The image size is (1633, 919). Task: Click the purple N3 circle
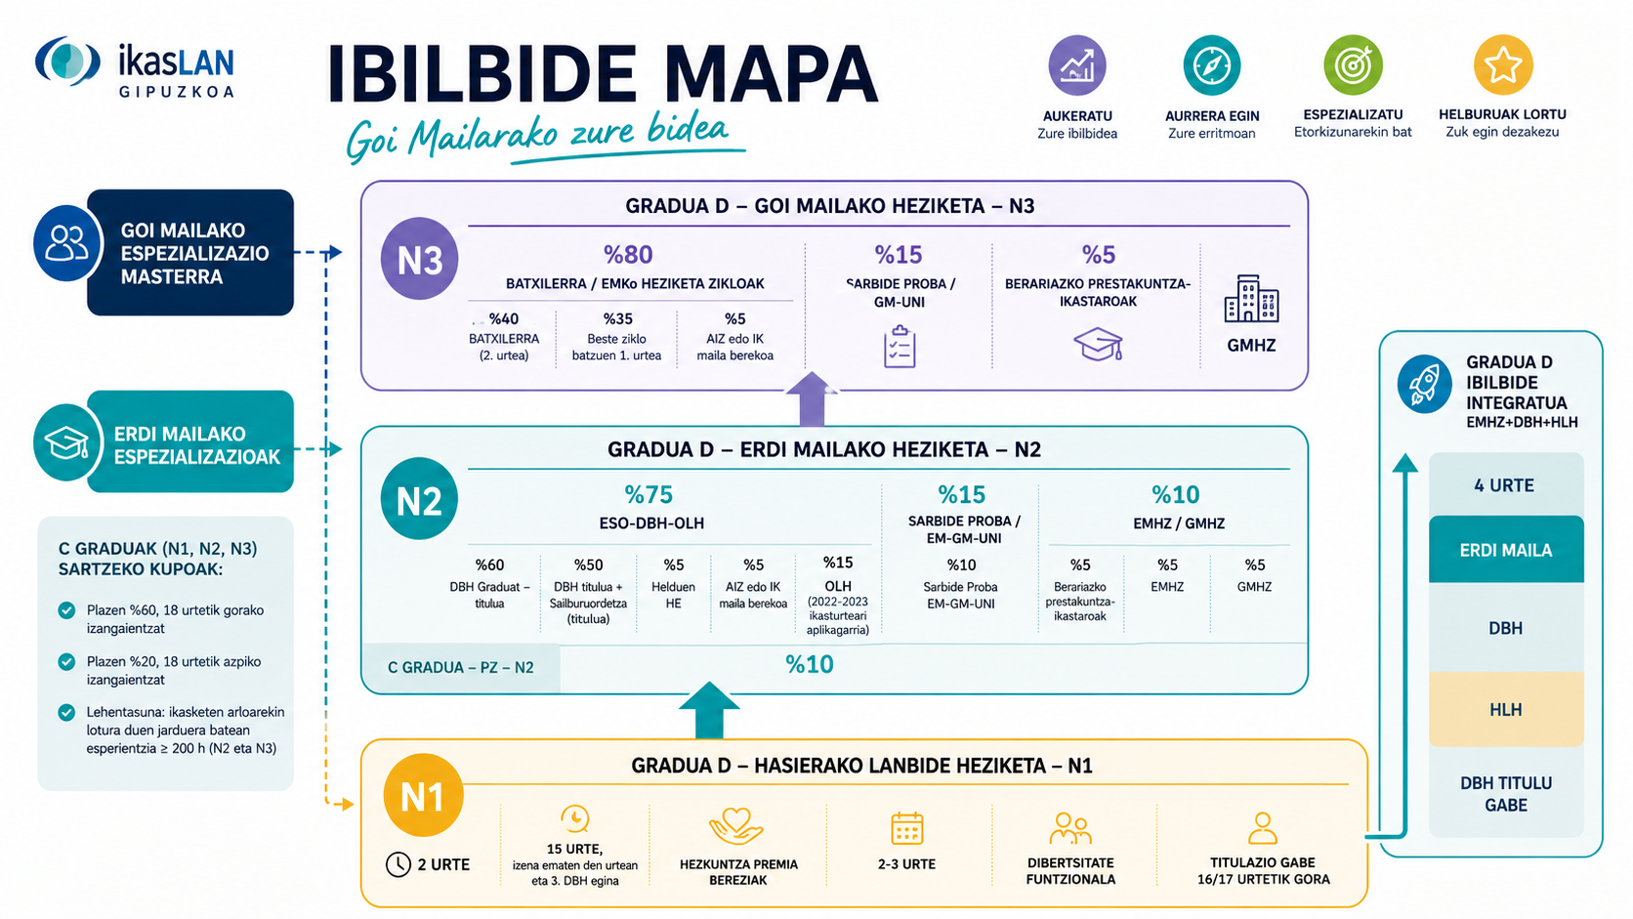pyautogui.click(x=419, y=259)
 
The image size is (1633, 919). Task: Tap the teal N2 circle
pyautogui.click(x=419, y=499)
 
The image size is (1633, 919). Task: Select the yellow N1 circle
pyautogui.click(x=423, y=795)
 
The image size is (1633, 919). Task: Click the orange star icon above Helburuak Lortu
pyautogui.click(x=1502, y=64)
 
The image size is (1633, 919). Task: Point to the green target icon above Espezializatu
pyautogui.click(x=1353, y=64)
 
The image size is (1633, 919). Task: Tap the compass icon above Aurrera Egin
pyautogui.click(x=1212, y=64)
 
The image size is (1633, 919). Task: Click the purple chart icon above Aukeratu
pyautogui.click(x=1076, y=64)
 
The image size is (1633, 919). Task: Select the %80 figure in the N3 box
pyautogui.click(x=628, y=254)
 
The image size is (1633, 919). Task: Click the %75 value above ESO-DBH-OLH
pyautogui.click(x=649, y=495)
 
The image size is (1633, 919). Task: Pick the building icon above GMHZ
pyautogui.click(x=1251, y=298)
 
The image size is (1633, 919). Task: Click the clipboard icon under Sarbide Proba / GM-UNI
pyautogui.click(x=900, y=346)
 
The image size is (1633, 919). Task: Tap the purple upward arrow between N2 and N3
pyautogui.click(x=812, y=399)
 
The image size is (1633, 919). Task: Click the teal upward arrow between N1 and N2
pyautogui.click(x=709, y=711)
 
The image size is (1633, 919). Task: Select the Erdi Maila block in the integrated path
pyautogui.click(x=1506, y=550)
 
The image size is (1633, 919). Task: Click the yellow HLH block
pyautogui.click(x=1506, y=709)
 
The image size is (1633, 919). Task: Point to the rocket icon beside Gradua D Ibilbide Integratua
pyautogui.click(x=1425, y=384)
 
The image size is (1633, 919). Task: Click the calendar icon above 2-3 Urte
pyautogui.click(x=907, y=828)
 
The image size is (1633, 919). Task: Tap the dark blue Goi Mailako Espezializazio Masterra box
pyautogui.click(x=190, y=252)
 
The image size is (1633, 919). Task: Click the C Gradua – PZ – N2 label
pyautogui.click(x=461, y=668)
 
